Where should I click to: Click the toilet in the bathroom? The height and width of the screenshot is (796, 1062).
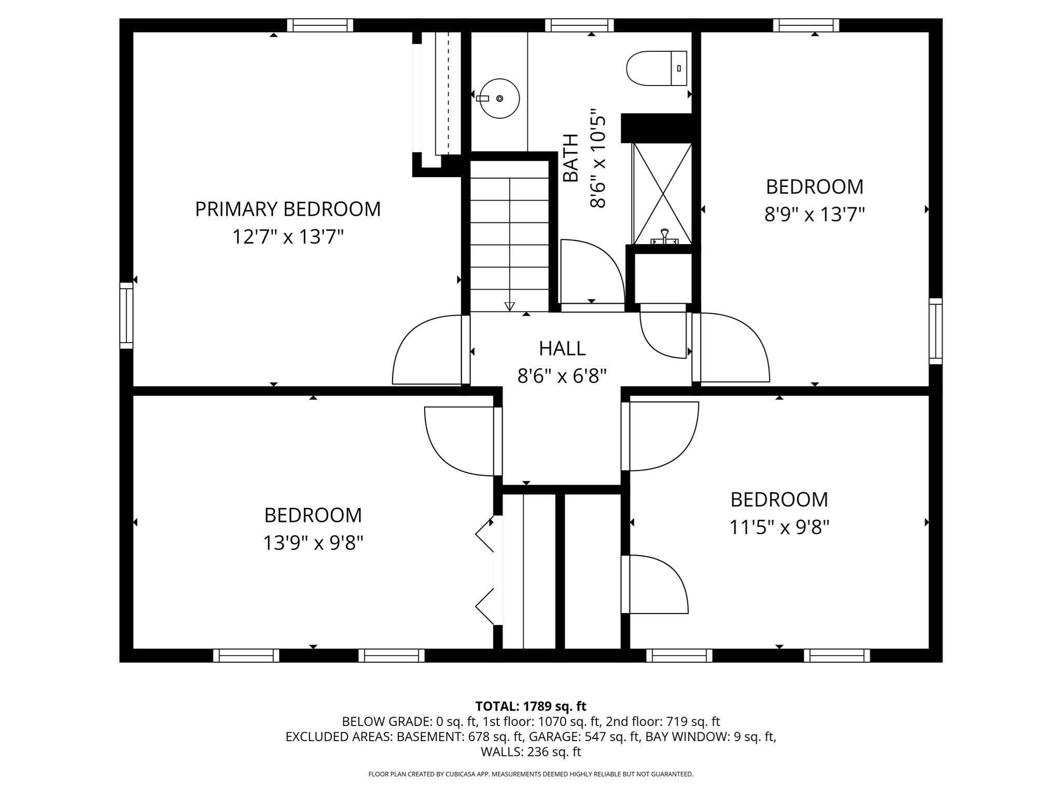656,68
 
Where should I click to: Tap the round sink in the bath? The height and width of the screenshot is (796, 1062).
499,98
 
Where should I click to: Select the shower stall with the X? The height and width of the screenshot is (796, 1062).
662,193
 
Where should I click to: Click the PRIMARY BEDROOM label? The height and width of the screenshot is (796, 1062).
288,209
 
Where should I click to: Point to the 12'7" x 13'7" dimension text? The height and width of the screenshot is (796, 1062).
288,237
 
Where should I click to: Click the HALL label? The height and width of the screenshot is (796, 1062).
562,348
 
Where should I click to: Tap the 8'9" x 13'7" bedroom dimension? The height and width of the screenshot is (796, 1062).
814,214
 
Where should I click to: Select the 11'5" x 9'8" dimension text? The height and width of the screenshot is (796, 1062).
779,528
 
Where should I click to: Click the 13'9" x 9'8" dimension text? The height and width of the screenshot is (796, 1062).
313,543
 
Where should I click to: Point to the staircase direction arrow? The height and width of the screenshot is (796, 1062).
509,306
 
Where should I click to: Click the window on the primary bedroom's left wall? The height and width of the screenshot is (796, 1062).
127,315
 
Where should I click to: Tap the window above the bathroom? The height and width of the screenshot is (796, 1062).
579,25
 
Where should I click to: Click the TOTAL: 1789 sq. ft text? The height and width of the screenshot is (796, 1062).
530,706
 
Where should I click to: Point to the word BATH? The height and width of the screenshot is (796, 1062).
570,158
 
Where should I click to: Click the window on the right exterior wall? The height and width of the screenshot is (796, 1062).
935,331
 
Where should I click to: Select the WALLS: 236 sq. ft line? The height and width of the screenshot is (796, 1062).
530,751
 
